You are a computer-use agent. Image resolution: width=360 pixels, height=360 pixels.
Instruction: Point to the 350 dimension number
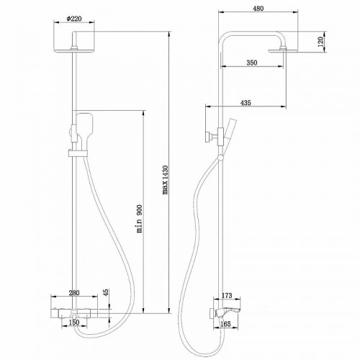tap(251, 63)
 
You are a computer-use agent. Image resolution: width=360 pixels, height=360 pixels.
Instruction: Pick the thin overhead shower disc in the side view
tap(282, 49)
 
